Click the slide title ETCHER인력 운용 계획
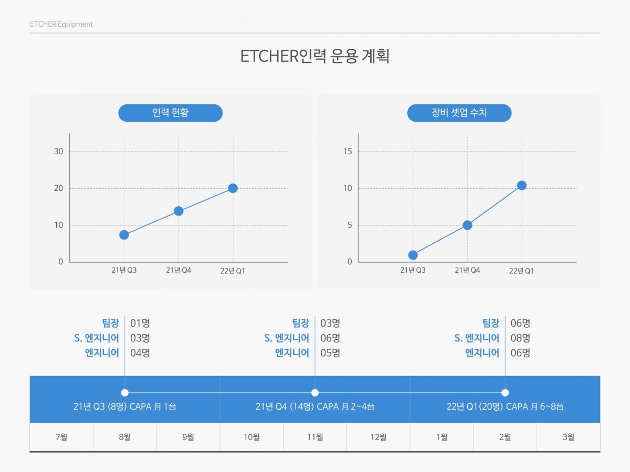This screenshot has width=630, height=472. (315, 56)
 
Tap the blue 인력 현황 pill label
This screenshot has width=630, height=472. (170, 113)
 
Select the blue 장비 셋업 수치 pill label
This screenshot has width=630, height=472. (459, 113)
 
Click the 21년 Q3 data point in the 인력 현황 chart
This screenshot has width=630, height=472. (124, 235)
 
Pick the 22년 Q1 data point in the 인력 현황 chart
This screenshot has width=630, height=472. (233, 188)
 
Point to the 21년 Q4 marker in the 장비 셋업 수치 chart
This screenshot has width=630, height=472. (467, 225)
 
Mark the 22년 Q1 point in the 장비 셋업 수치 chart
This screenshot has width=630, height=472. (521, 185)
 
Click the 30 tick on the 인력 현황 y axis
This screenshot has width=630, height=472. (59, 152)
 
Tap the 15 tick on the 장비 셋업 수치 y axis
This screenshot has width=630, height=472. (348, 152)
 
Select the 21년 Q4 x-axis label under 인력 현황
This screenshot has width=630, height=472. (178, 270)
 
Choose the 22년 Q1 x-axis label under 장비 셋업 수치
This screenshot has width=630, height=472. (521, 271)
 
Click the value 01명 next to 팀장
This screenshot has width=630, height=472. (140, 323)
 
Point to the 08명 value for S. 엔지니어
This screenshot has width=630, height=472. (520, 338)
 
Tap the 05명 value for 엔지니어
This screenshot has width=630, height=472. (330, 352)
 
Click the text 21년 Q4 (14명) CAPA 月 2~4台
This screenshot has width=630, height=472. (315, 406)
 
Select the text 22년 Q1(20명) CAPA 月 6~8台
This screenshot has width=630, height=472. (505, 406)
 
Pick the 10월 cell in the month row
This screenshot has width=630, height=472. (251, 437)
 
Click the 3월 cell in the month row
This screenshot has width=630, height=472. (568, 437)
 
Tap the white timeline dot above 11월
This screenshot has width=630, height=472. (315, 392)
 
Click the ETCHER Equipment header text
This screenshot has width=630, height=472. (61, 24)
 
